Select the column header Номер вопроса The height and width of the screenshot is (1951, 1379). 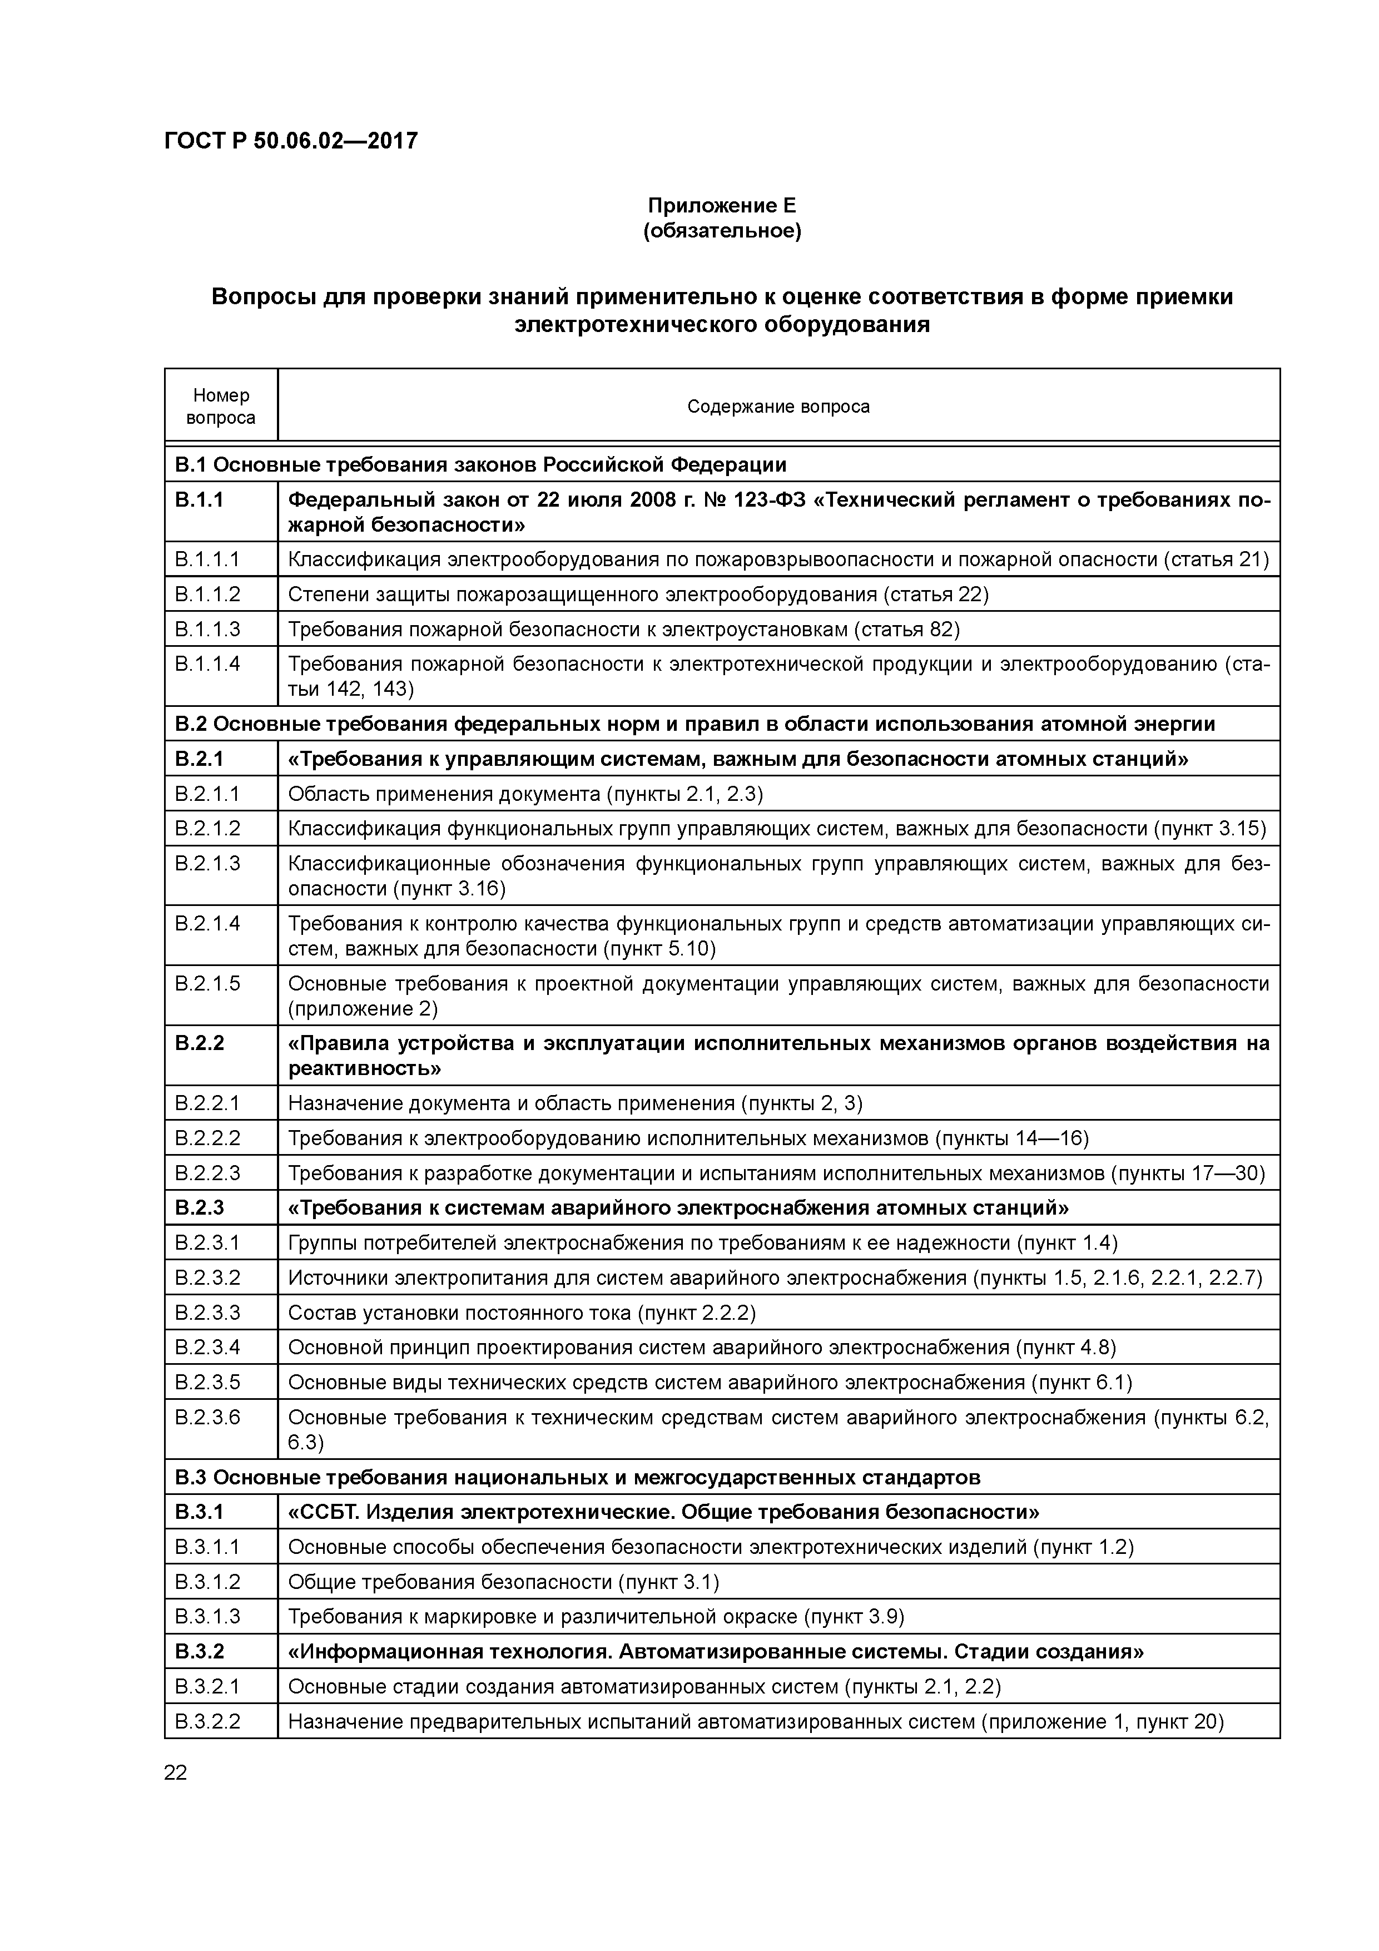click(221, 406)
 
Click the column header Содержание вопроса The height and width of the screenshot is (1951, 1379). click(778, 406)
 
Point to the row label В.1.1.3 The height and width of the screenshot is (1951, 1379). click(207, 629)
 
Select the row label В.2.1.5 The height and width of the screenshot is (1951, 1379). click(207, 983)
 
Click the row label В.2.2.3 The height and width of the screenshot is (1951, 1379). click(207, 1173)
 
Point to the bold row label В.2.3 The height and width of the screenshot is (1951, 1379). click(199, 1207)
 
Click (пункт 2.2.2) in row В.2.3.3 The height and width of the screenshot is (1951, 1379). click(696, 1313)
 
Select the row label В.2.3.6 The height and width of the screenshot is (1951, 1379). click(207, 1417)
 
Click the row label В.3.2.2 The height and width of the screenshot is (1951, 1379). click(207, 1721)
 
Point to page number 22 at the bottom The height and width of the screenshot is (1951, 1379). click(176, 1772)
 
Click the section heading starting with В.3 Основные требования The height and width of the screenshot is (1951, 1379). click(578, 1478)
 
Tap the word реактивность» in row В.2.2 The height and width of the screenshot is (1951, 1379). click(365, 1068)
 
